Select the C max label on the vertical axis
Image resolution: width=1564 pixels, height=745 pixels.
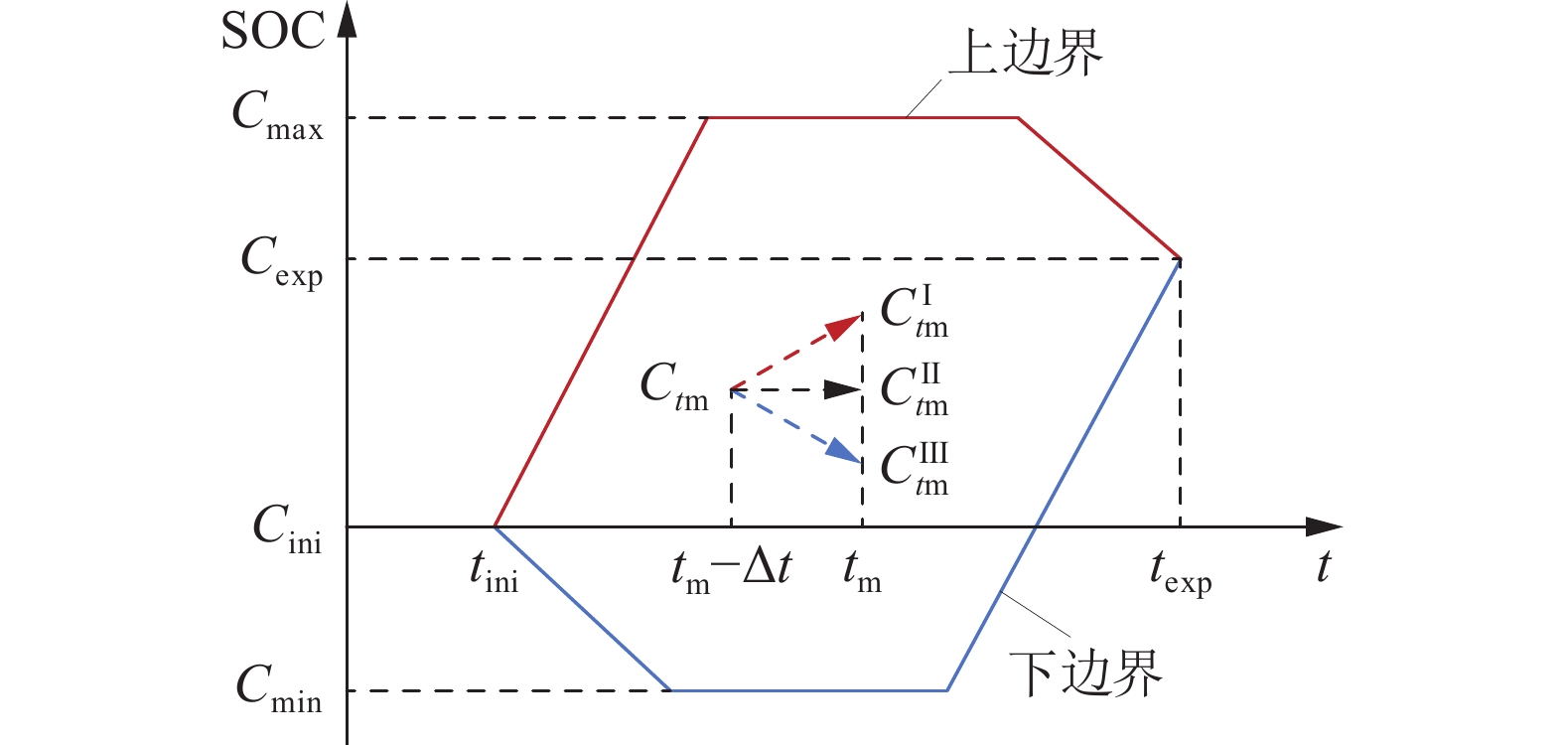277,114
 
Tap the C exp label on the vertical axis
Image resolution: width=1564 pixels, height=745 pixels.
282,260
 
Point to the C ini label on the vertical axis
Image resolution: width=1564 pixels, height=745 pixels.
287,527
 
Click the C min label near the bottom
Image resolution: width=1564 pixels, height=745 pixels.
279,688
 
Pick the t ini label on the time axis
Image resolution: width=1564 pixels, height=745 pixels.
494,572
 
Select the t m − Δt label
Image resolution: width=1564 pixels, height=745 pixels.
732,571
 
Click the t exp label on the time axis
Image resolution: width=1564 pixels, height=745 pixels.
1180,572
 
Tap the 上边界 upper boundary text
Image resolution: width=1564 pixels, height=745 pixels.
1026,53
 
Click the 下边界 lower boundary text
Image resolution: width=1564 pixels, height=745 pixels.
1085,673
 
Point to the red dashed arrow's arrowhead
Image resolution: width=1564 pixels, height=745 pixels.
846,325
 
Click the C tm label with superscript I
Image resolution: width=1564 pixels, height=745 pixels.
915,311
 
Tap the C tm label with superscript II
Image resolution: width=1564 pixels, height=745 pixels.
915,389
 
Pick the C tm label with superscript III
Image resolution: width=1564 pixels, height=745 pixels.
915,468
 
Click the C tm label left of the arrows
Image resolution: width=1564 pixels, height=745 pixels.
674,384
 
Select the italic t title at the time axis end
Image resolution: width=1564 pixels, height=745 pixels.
1323,566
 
